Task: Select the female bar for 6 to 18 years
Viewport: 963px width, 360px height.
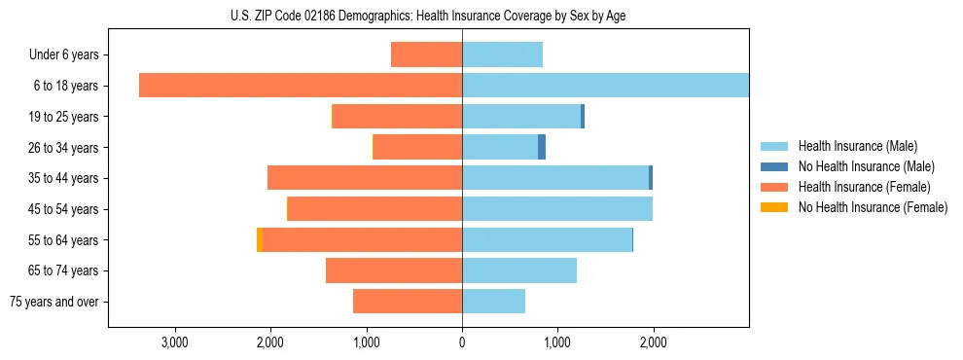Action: click(301, 86)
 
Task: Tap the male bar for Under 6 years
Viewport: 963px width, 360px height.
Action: click(502, 54)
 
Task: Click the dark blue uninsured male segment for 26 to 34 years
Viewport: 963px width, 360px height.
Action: click(542, 147)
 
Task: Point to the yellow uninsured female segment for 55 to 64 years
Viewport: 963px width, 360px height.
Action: click(260, 239)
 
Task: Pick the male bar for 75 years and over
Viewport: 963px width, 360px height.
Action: click(493, 302)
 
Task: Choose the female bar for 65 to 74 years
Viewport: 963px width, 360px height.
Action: click(394, 270)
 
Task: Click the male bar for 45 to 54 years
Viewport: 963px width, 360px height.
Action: click(557, 209)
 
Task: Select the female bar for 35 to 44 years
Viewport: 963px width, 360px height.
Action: click(365, 178)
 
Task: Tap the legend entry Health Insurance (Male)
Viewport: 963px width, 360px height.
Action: click(857, 146)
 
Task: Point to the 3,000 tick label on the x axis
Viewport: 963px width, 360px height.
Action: click(174, 342)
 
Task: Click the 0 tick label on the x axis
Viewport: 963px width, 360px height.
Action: click(462, 342)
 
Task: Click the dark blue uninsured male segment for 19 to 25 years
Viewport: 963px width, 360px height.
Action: click(583, 117)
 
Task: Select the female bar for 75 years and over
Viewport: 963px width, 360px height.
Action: click(408, 302)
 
